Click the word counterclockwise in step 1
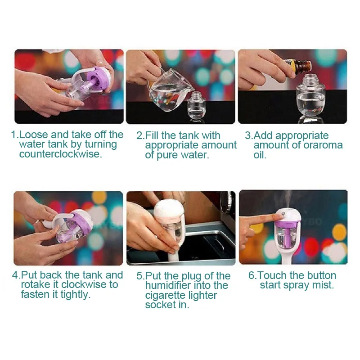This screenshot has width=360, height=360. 61,154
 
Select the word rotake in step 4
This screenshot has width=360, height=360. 36,284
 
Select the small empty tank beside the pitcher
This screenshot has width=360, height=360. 196,105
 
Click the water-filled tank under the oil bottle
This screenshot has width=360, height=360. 310,98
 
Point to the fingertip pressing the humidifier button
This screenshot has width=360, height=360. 277,216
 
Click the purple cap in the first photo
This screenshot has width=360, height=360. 98,78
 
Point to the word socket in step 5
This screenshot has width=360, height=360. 161,305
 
